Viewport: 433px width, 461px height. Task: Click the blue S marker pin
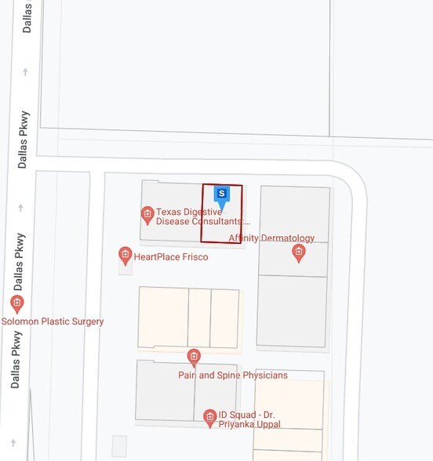222,194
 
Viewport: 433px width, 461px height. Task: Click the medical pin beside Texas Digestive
147,214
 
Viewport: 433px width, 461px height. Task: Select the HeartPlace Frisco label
171,256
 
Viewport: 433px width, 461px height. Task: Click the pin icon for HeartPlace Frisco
125,255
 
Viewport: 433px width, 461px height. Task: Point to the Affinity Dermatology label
271,238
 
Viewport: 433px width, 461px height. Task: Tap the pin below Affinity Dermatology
298,252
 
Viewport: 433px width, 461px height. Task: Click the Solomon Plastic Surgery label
53,321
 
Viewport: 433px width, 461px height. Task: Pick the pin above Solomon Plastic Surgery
17,303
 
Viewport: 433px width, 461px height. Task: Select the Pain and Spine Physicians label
232,375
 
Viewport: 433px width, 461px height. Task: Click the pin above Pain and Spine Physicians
194,358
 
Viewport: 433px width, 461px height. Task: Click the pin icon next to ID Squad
209,418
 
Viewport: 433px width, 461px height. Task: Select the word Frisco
193,256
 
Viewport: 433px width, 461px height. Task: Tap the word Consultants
223,221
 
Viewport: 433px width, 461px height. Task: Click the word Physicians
261,375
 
